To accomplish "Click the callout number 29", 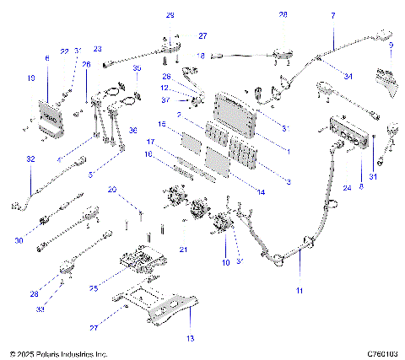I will (x=170, y=15).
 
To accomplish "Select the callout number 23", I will (x=97, y=49).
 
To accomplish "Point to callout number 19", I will (x=31, y=78).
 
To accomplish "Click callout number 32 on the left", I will (x=31, y=159).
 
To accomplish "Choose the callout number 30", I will (x=20, y=217).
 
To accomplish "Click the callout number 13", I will (x=190, y=337).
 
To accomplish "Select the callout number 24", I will (x=345, y=188).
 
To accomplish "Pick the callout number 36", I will (x=133, y=131).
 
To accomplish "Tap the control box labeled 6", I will (x=49, y=110).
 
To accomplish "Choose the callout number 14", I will (x=260, y=193).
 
